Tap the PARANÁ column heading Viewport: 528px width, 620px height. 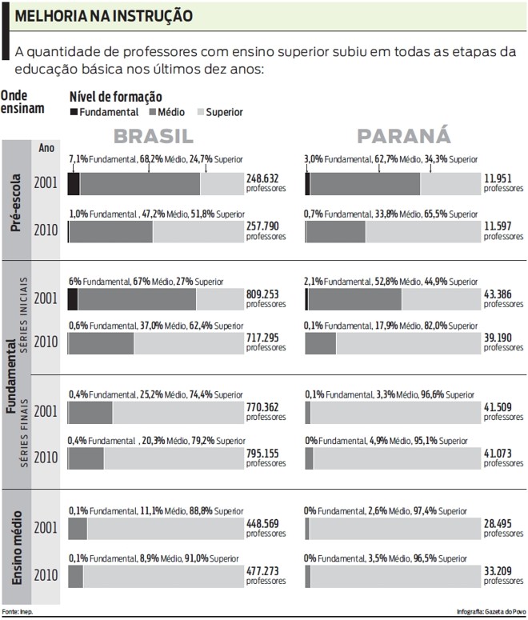pos(403,135)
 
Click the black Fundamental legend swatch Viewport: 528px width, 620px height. pos(74,113)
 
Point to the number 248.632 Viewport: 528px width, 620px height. pos(262,178)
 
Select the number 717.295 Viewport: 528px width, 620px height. pos(264,338)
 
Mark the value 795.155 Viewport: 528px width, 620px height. pos(264,454)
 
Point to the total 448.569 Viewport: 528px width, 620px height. pos(264,525)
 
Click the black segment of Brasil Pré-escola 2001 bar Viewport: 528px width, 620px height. pos(74,183)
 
